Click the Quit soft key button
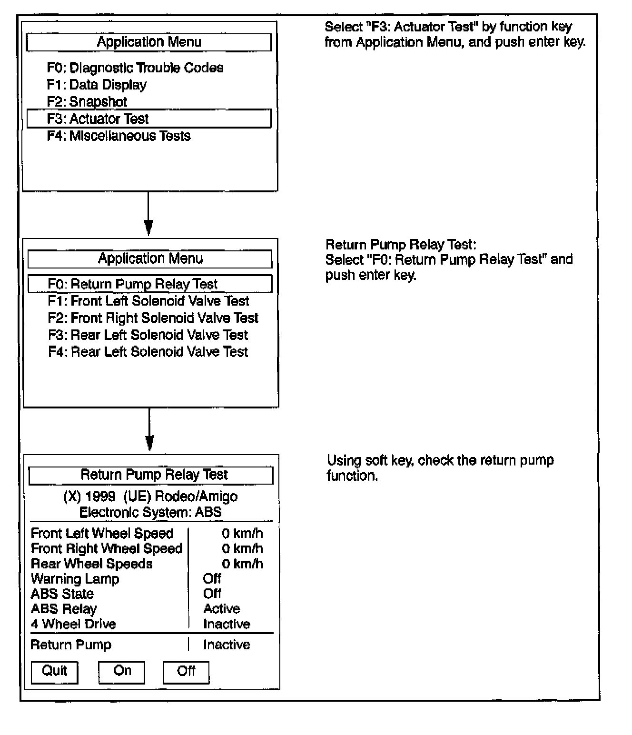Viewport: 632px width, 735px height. tap(54, 672)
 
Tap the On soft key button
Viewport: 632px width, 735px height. tap(121, 672)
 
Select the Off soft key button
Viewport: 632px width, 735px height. tap(186, 672)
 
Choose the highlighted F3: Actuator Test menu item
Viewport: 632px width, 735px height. tap(149, 119)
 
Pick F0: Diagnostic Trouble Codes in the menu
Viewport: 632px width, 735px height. tap(135, 68)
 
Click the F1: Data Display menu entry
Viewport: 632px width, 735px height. tap(97, 85)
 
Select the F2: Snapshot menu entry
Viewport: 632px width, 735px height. tap(87, 102)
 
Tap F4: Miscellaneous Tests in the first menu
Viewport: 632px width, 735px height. tap(118, 136)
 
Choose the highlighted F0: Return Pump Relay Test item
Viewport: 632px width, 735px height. tap(150, 284)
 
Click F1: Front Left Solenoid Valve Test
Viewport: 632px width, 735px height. tap(148, 301)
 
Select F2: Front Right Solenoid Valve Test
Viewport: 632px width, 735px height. tap(153, 318)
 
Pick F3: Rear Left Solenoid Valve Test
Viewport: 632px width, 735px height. tap(148, 335)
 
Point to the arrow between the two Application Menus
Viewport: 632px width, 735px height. tap(148, 214)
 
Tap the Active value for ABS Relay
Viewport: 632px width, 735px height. tap(222, 609)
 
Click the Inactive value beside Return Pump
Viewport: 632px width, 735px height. tap(227, 645)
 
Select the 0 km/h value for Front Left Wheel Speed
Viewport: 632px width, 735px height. tap(242, 534)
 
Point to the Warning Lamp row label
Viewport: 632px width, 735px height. tap(75, 579)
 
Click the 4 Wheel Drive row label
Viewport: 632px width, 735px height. tap(73, 624)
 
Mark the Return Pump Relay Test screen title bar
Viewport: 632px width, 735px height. tap(151, 475)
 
